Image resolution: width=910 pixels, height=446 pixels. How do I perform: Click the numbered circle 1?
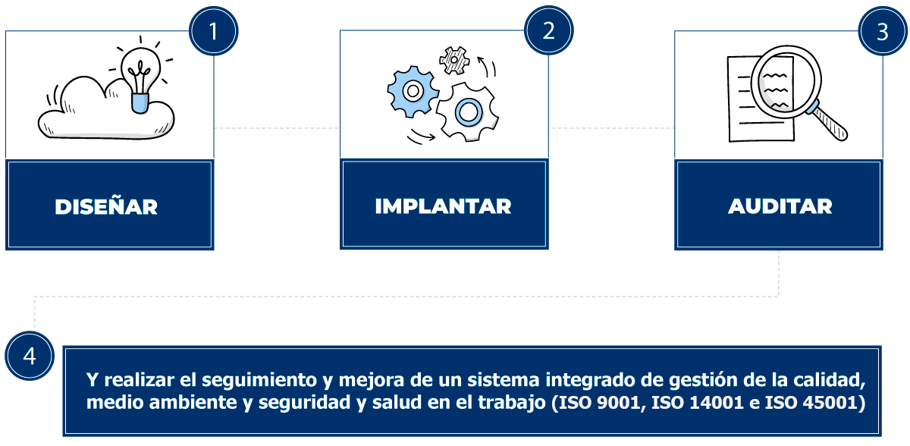pos(213,31)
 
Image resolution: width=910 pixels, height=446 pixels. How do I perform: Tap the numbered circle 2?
pos(548,30)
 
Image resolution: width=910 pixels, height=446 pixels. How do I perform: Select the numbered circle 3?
pos(883,31)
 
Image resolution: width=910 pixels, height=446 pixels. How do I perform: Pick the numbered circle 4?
pos(30,356)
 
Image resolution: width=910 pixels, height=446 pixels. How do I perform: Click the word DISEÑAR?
pos(106,207)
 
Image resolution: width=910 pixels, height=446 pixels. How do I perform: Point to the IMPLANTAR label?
pos(443,206)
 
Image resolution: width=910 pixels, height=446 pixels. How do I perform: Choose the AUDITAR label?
pos(780,206)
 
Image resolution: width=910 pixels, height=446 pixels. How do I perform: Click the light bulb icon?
pos(140,74)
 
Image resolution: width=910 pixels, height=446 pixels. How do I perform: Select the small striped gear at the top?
pos(454,60)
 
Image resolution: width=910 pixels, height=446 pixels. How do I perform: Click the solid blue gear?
pos(413,91)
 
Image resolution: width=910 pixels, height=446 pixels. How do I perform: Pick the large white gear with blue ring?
pos(468,111)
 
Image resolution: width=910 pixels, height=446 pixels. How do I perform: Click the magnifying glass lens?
pos(786,82)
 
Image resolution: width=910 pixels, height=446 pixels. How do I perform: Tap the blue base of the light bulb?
pos(140,103)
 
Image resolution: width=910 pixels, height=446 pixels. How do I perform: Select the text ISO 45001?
pos(815,403)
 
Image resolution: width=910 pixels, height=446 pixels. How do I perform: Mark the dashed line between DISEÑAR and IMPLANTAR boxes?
pos(277,128)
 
